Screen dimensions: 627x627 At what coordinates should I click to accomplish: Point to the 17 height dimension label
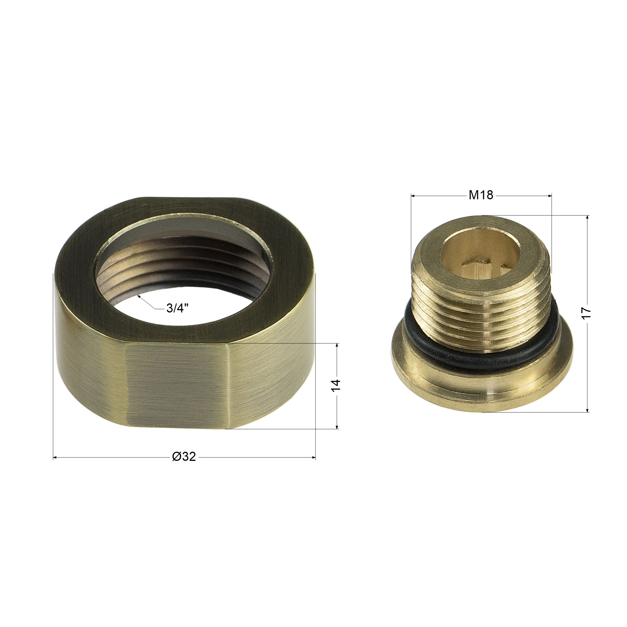(x=587, y=313)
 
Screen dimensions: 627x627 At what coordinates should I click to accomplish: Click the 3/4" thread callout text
(x=178, y=308)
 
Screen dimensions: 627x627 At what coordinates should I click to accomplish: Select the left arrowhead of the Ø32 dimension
(x=55, y=458)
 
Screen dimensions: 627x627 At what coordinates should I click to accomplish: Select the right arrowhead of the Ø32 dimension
(x=313, y=458)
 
